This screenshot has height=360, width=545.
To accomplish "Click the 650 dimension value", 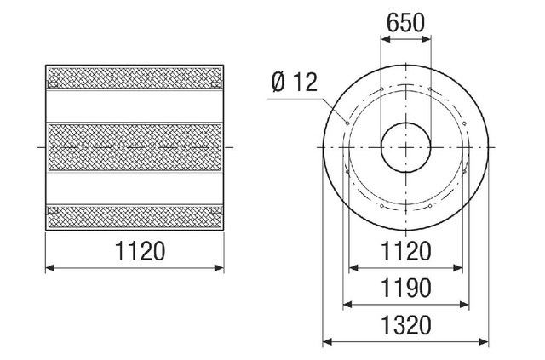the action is coord(405,23).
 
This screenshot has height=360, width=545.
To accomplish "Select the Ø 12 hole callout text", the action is coord(295,83).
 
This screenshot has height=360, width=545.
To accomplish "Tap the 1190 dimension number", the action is coord(406,288).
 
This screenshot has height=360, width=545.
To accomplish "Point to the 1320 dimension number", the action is coord(406,325).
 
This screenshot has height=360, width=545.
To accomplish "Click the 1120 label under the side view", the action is coord(140,251).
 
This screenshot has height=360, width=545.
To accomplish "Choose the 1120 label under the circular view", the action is coord(406,251).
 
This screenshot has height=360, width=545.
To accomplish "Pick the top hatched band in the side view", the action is coord(135,77).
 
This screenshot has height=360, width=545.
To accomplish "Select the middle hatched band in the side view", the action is coord(135,147).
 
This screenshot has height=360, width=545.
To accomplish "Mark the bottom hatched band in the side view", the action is coord(135,217).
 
